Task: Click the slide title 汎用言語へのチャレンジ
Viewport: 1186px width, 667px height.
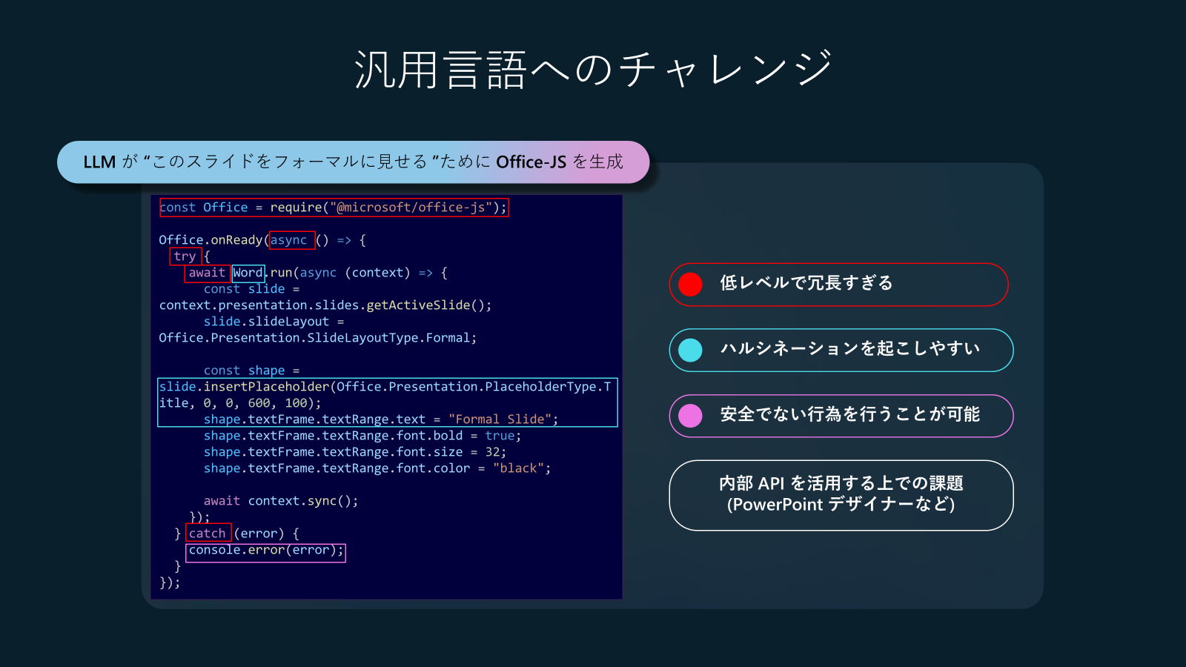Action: (594, 70)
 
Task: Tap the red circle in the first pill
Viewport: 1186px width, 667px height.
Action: (690, 285)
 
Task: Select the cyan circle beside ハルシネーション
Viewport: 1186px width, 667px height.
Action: (690, 350)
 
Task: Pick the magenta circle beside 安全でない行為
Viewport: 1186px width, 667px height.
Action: (690, 416)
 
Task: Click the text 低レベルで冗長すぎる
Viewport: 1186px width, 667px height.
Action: (806, 283)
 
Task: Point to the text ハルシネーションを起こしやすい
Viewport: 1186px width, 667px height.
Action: (849, 349)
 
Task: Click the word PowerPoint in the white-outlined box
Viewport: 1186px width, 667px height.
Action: (778, 505)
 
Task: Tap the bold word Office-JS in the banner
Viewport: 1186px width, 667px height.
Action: (531, 162)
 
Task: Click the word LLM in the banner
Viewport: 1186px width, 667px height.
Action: (99, 162)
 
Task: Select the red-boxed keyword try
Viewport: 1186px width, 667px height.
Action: (185, 256)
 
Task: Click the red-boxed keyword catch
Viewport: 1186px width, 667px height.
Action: (207, 533)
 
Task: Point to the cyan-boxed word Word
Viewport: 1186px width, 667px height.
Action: (248, 273)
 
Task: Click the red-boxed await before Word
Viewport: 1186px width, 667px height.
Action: (207, 273)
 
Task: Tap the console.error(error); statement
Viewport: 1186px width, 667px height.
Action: (266, 550)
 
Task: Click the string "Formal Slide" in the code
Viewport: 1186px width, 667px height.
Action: (500, 419)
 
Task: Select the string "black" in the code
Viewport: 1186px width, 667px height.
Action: (518, 468)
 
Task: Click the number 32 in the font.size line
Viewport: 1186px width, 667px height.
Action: (492, 452)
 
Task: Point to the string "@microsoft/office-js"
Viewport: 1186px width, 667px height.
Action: (411, 208)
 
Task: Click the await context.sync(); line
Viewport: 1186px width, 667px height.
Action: (281, 501)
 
